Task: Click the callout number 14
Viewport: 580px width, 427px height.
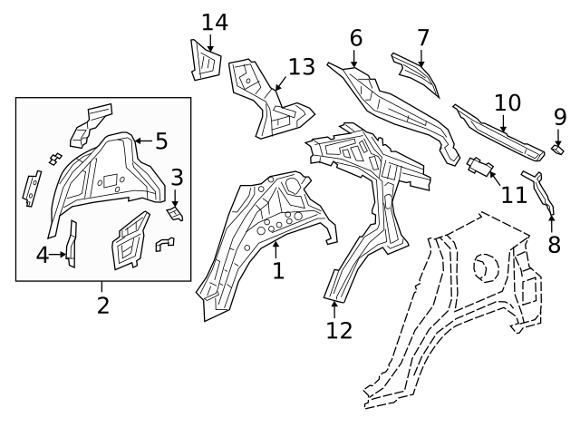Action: [215, 22]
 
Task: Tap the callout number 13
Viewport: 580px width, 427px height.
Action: [302, 67]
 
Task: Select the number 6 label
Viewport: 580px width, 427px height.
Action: [356, 38]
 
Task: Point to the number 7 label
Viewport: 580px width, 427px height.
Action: [423, 38]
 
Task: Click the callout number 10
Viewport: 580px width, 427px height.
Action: [507, 102]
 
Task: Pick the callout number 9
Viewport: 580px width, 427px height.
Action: [560, 117]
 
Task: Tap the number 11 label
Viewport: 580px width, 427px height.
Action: [514, 195]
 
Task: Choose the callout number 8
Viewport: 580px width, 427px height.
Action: [554, 245]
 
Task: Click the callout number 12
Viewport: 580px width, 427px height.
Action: [339, 330]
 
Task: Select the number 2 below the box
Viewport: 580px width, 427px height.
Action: [103, 306]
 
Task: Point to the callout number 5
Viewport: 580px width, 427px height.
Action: [161, 141]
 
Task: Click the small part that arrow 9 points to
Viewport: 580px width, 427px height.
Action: [557, 150]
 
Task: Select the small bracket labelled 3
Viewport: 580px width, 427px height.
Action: [174, 214]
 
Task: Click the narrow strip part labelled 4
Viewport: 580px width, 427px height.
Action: [72, 243]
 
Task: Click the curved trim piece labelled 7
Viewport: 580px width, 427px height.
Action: [417, 73]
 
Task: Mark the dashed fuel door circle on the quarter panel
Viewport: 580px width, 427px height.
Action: [486, 267]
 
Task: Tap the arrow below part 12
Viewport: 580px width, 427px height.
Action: [334, 310]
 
